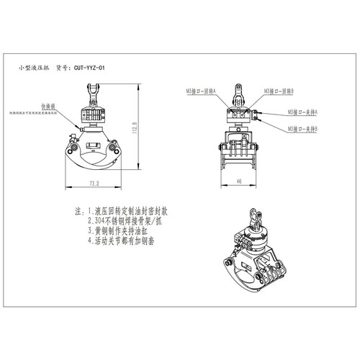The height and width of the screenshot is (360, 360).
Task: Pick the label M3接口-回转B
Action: (x=277, y=91)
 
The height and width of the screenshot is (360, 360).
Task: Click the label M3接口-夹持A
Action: (x=304, y=114)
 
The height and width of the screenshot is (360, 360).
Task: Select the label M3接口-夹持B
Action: (x=304, y=128)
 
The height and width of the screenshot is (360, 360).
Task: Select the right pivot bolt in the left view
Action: (x=113, y=150)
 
